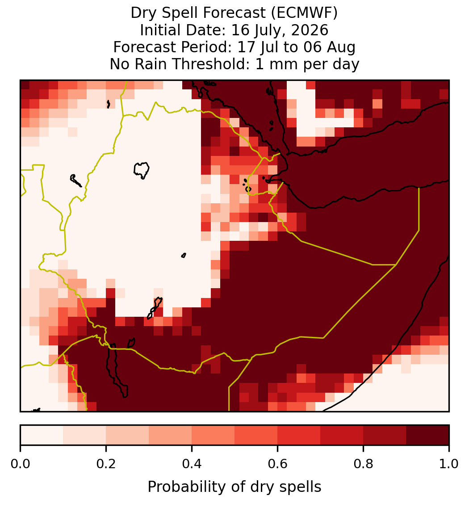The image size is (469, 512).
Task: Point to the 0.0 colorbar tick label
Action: pyautogui.click(x=20, y=464)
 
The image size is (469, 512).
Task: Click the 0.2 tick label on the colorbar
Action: pyautogui.click(x=106, y=464)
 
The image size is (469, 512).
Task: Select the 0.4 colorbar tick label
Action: pyautogui.click(x=192, y=464)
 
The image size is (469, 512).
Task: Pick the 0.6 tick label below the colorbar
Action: pyautogui.click(x=278, y=464)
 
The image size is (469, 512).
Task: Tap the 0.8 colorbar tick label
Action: pyautogui.click(x=364, y=464)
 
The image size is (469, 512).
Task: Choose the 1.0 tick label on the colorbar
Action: pyautogui.click(x=449, y=464)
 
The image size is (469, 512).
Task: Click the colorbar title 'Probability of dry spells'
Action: pyautogui.click(x=234, y=487)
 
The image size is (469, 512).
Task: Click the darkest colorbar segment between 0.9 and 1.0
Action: pyautogui.click(x=427, y=435)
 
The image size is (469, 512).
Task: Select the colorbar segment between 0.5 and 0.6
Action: pyautogui.click(x=256, y=435)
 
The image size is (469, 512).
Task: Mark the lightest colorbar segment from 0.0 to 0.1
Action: pyautogui.click(x=42, y=435)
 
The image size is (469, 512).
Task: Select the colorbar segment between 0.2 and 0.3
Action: pyautogui.click(x=127, y=435)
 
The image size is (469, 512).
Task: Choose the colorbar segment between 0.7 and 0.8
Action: pyautogui.click(x=342, y=435)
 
